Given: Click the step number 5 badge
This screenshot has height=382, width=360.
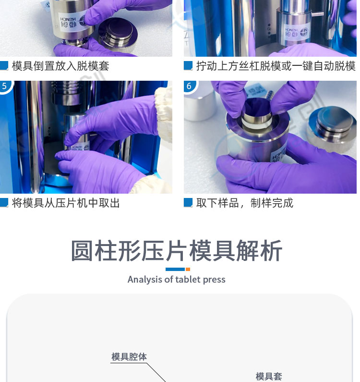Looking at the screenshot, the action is click(5, 86).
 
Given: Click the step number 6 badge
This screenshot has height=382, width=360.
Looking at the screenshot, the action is click(190, 86).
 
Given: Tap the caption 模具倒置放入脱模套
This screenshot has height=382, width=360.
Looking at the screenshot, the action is click(60, 66).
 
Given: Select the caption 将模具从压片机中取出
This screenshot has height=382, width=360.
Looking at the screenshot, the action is click(66, 203).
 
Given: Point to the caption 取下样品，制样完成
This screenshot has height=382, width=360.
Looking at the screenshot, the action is click(245, 203).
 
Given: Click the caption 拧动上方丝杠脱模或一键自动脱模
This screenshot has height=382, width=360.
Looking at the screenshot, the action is click(276, 66).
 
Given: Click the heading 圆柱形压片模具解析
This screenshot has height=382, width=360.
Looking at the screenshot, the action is click(177, 251).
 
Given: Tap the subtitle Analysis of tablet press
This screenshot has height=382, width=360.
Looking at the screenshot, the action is click(177, 280).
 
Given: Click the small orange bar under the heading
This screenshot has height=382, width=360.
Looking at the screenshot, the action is click(188, 269).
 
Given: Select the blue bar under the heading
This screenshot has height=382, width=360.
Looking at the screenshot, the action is click(175, 269).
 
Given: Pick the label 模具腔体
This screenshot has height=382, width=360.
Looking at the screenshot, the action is click(129, 357).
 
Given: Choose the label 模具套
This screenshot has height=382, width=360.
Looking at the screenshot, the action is click(269, 376).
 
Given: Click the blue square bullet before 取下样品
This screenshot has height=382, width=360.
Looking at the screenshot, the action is click(188, 202).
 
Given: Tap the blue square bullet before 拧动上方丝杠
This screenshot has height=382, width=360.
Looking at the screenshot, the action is click(188, 65).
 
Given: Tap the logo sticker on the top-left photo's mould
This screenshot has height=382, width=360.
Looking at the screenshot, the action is click(72, 22).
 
